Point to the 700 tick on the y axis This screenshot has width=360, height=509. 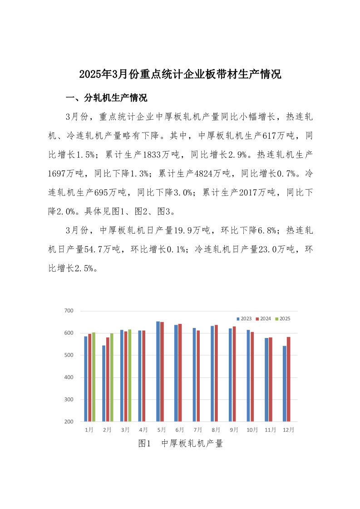69,311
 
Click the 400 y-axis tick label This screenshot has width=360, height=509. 69,377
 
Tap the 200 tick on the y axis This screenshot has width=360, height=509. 69,422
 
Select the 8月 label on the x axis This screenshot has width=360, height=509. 216,430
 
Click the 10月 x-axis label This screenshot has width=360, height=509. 252,430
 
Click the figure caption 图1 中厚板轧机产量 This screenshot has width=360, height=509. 180,444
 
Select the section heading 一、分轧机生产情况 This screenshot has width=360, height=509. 106,98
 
